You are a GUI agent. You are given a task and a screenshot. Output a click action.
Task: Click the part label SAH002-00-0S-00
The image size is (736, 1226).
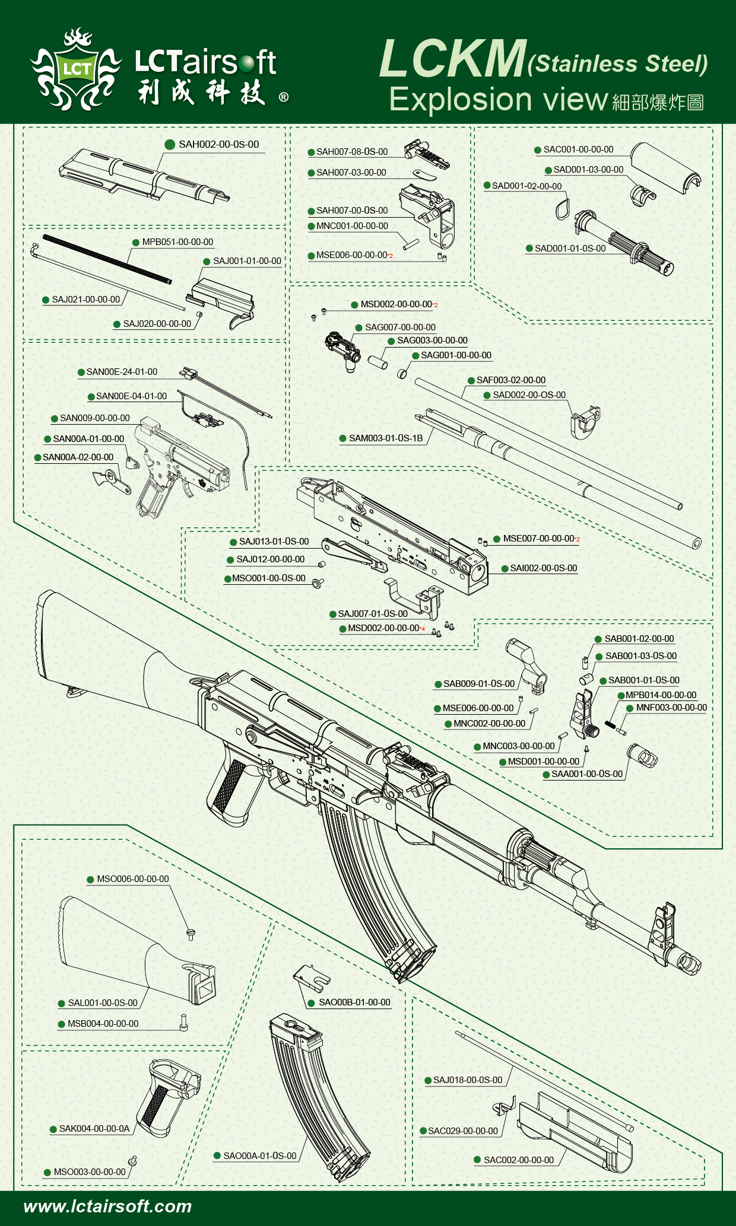[x=218, y=145]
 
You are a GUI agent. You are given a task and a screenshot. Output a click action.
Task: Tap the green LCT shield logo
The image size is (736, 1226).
[x=77, y=69]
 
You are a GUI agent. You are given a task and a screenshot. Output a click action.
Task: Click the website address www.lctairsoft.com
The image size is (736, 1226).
[x=107, y=1206]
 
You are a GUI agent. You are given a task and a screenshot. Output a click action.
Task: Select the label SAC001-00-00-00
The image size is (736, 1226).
[x=578, y=150]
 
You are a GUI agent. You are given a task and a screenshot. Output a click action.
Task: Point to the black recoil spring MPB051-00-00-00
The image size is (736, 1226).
[x=107, y=259]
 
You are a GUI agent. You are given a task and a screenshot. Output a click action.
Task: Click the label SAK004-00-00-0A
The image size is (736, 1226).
[x=94, y=1129]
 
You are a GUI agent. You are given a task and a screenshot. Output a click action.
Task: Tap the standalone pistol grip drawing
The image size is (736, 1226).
[x=166, y=1097]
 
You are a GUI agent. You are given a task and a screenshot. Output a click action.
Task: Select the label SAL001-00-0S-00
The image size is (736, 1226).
[x=103, y=1003]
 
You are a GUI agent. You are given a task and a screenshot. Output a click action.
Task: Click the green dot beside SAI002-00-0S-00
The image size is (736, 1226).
[x=505, y=569]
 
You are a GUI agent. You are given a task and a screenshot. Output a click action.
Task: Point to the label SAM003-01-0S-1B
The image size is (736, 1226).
[x=386, y=439]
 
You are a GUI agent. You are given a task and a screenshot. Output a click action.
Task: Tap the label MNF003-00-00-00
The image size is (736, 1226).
[x=671, y=708]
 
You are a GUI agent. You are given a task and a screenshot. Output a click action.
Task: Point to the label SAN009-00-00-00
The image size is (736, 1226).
[x=94, y=419]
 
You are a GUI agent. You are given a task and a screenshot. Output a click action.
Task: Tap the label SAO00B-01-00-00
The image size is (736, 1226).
[x=354, y=1002]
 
